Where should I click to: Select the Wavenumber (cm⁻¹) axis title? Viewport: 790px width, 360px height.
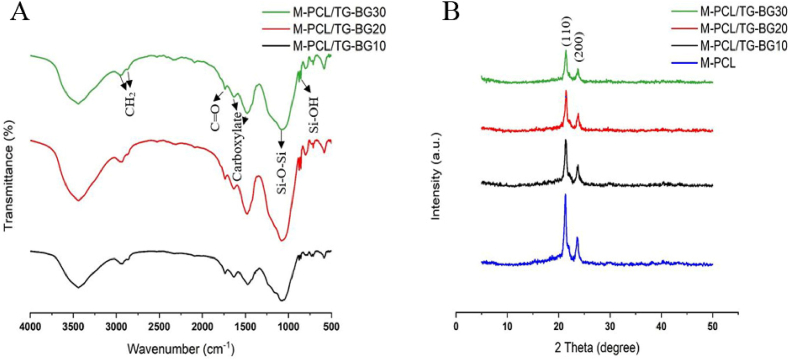180,350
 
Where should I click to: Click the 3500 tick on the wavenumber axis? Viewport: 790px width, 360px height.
74,325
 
